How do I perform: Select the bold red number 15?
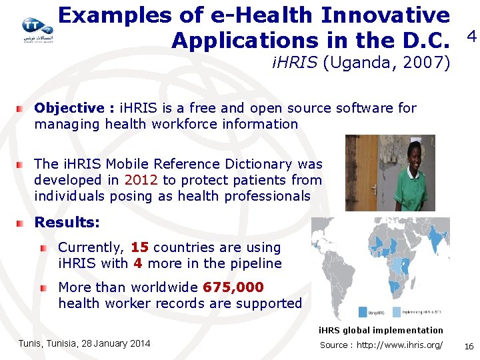coord(140,247)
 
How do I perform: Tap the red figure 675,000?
coord(233,287)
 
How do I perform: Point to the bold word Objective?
coord(69,108)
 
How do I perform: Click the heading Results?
coord(67,222)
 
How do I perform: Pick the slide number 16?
coord(469,345)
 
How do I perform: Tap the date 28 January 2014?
coord(113,343)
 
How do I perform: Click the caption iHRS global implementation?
coord(380,331)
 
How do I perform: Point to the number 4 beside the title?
coord(471,37)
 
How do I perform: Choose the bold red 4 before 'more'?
coord(138,263)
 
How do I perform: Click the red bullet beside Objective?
coord(22,108)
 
